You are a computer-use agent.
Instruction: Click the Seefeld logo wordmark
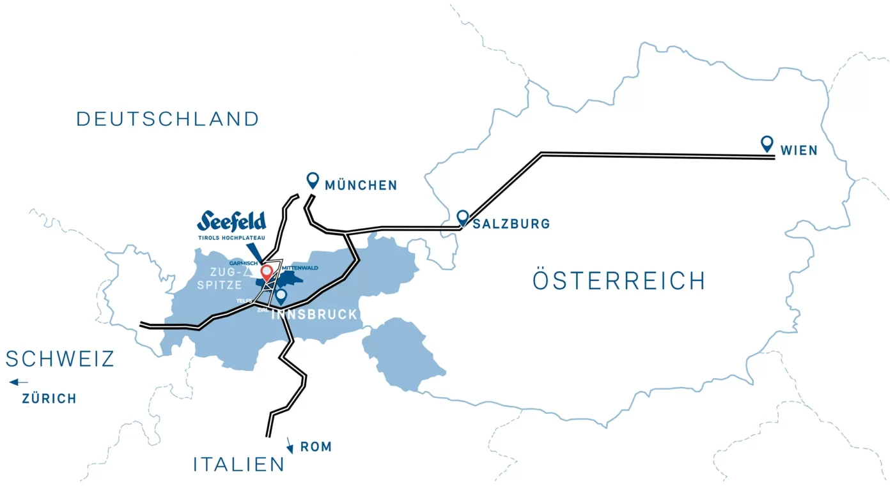(231, 221)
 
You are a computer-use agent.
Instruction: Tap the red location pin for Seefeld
(267, 273)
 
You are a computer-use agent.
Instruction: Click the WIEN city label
(799, 151)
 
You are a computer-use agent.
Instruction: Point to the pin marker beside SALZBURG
(462, 218)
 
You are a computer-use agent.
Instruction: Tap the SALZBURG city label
(511, 224)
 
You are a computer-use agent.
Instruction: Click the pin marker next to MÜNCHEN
(313, 180)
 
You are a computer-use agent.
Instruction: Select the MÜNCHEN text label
(361, 186)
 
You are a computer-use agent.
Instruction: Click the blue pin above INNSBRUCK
(281, 296)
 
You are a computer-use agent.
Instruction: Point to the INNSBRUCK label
(315, 314)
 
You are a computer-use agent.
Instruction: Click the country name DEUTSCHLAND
(168, 119)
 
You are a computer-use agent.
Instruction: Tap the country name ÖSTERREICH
(619, 281)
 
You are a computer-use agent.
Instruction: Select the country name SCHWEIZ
(60, 359)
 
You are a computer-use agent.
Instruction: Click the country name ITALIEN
(239, 464)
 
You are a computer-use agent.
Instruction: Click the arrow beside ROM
(290, 444)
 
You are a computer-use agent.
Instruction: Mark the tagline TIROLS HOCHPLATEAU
(231, 238)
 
